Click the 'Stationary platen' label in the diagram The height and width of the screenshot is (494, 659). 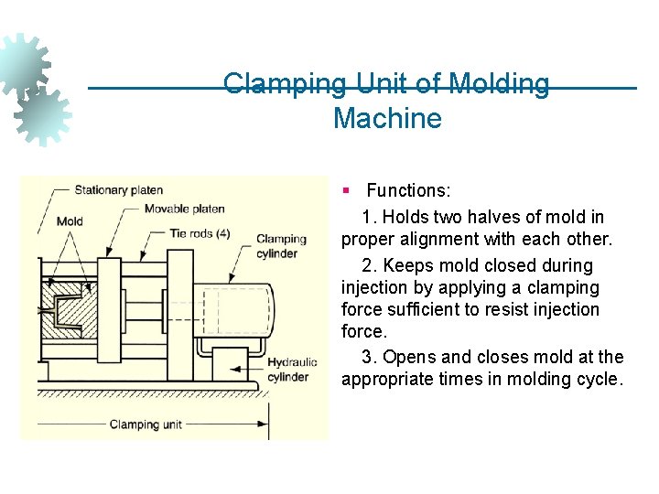tap(118, 190)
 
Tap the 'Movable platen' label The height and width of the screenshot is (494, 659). tap(184, 209)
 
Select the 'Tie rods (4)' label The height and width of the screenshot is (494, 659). tap(200, 233)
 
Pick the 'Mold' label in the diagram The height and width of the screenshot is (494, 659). tap(70, 221)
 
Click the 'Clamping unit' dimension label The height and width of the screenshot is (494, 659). tap(146, 424)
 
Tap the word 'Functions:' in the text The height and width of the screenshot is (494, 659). tap(408, 191)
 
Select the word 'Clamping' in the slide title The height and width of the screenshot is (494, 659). tap(285, 85)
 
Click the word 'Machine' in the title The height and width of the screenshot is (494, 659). tap(387, 119)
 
